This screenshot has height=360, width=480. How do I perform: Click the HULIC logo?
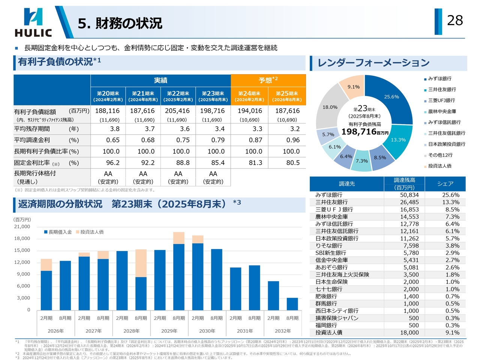[x=33, y=23]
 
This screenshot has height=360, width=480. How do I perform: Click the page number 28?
[x=455, y=20]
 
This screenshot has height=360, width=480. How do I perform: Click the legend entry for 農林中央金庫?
[x=442, y=111]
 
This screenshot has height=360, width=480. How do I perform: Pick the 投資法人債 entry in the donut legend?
[x=439, y=166]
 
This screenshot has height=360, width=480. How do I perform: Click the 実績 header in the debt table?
[x=160, y=80]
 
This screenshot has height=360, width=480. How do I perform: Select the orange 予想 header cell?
[x=268, y=80]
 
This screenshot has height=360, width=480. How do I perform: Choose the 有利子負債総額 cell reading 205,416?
[x=177, y=111]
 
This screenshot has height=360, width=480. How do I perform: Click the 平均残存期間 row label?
[x=32, y=129]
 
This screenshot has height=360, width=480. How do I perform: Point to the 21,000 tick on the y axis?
[x=22, y=226]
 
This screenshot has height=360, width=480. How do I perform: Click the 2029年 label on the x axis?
[x=169, y=331]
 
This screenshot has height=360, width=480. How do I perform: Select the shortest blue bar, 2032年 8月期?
[x=292, y=304]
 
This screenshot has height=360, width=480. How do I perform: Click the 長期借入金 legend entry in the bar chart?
[x=58, y=232]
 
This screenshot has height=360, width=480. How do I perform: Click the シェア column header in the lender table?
[x=445, y=184]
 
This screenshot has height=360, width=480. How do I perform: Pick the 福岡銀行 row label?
[x=326, y=325]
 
